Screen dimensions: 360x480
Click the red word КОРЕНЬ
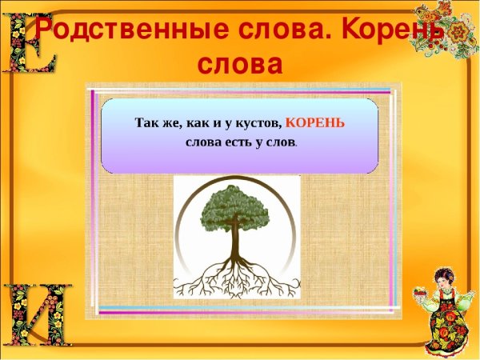315,122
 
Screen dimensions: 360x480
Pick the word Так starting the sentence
147,123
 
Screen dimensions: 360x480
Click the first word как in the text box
197,123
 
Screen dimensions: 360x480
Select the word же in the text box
174,123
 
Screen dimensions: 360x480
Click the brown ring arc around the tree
182,240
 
